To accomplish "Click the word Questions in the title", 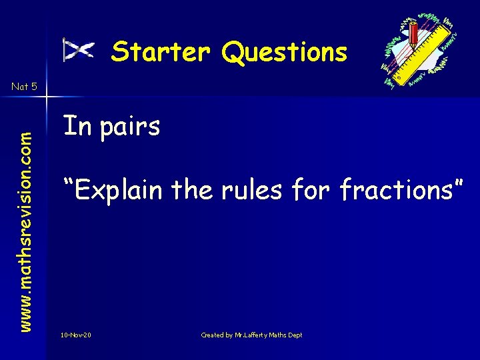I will pyautogui.click(x=285, y=52).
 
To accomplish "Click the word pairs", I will pyautogui.click(x=130, y=126).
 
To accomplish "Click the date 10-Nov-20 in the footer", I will pyautogui.click(x=75, y=335).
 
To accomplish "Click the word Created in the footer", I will pyautogui.click(x=213, y=335).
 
